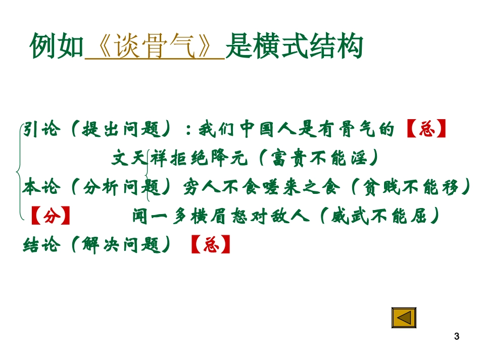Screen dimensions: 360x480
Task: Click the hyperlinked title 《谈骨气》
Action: [x=155, y=47]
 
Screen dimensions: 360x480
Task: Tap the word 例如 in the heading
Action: [x=57, y=47]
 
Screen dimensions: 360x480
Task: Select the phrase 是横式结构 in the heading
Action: [x=294, y=47]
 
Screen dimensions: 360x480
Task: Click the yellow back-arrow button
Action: [x=403, y=318]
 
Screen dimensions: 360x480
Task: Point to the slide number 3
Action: [x=457, y=336]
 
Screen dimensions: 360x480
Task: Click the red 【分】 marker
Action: [x=51, y=217]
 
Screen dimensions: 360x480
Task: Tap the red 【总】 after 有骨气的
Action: [x=427, y=130]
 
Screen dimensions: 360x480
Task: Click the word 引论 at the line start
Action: [x=41, y=130]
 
